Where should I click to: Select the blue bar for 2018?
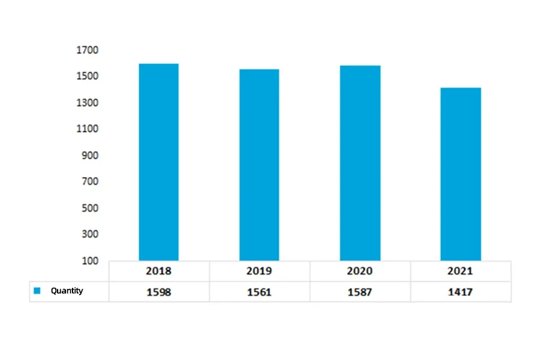pos(158,162)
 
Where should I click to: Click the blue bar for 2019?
pos(259,165)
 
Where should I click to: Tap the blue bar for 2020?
pos(360,163)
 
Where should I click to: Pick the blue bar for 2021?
pos(460,174)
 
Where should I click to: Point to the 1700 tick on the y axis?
pos(87,50)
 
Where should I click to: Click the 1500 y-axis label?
pos(87,77)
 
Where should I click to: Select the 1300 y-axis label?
pos(87,103)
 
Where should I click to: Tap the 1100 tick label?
pos(87,129)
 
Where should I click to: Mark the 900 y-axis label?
pos(89,155)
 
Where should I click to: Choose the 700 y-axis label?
pos(89,182)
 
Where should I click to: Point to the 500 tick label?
pos(89,208)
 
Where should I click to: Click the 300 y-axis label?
pos(89,235)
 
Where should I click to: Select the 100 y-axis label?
pos(89,261)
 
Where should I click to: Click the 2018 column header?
pos(158,271)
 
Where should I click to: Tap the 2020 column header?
pos(360,271)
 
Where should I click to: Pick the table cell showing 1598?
pos(158,292)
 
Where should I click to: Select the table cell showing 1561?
pos(259,292)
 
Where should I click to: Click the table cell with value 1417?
pos(460,292)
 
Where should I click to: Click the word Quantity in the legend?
pos(67,291)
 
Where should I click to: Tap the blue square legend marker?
pos(37,291)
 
